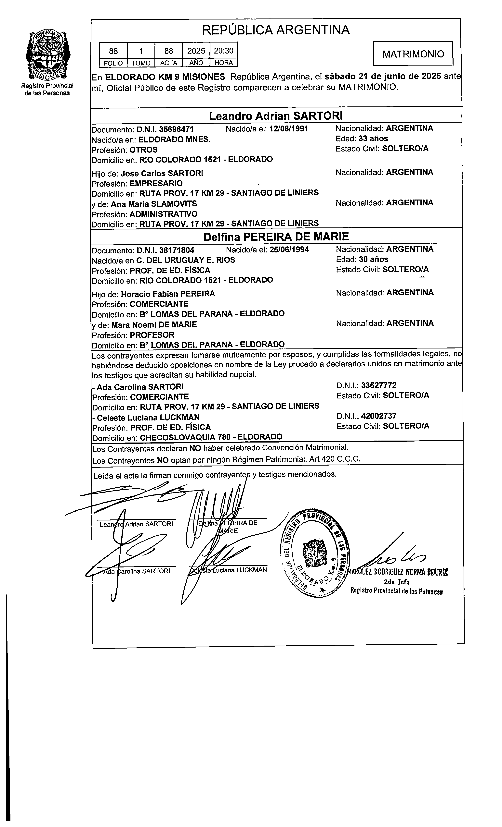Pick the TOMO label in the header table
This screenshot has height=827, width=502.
141,63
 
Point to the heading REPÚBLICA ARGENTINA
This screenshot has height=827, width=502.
276,30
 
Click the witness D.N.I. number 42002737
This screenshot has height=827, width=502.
379,416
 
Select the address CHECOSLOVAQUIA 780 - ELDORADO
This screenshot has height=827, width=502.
211,437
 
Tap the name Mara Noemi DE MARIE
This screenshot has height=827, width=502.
154,324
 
